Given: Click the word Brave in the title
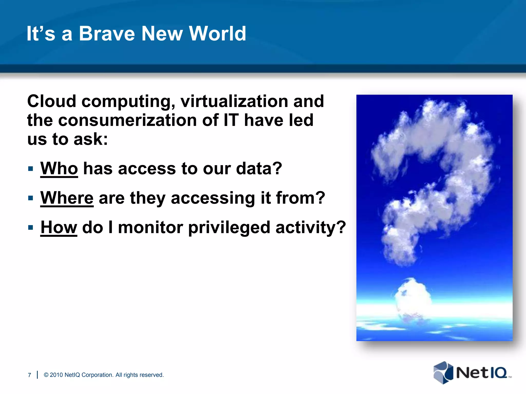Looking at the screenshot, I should (x=107, y=34).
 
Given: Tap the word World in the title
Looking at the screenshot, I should (x=218, y=34).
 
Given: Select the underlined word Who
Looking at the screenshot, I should (x=59, y=169).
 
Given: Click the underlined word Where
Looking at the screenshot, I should (x=67, y=198).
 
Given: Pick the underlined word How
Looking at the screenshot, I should (x=59, y=227).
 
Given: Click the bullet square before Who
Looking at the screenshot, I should (x=31, y=169).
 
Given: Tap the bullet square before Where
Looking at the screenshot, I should (x=31, y=198).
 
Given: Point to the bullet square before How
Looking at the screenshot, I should (x=31, y=228).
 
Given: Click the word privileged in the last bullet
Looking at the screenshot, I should (x=229, y=228).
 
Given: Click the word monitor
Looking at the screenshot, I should (x=151, y=227).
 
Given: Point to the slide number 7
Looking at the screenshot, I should (x=29, y=375).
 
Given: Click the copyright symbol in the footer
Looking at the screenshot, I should (x=46, y=375).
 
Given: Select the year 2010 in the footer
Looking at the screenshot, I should (x=56, y=375).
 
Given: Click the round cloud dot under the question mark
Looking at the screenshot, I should (x=412, y=298).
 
